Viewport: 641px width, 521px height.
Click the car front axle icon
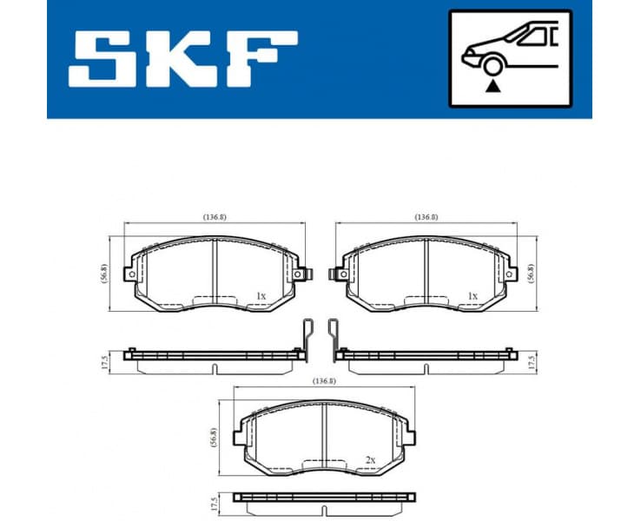510,57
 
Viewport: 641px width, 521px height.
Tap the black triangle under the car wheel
494,86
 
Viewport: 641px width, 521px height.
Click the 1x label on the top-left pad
261,296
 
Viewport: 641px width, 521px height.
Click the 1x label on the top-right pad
472,296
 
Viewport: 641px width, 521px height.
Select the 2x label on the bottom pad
371,458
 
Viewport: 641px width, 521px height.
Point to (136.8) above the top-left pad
214,217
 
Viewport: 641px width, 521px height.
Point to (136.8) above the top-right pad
426,217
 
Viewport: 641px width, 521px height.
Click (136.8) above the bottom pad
324,380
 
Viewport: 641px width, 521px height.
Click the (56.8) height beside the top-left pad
104,274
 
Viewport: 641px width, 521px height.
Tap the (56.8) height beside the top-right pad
532,274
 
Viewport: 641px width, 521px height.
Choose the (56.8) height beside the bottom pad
214,436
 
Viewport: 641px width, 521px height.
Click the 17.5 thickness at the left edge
104,361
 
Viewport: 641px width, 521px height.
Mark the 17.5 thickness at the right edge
532,361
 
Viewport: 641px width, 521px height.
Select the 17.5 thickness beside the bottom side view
214,504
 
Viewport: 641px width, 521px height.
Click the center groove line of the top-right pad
426,271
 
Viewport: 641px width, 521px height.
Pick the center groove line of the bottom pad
324,433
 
